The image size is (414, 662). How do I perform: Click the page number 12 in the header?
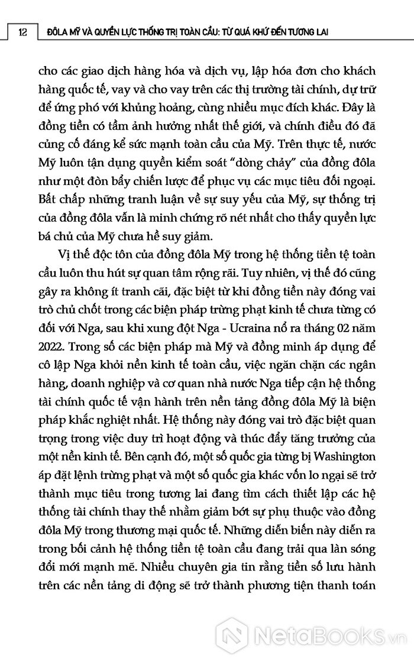click(x=22, y=33)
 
